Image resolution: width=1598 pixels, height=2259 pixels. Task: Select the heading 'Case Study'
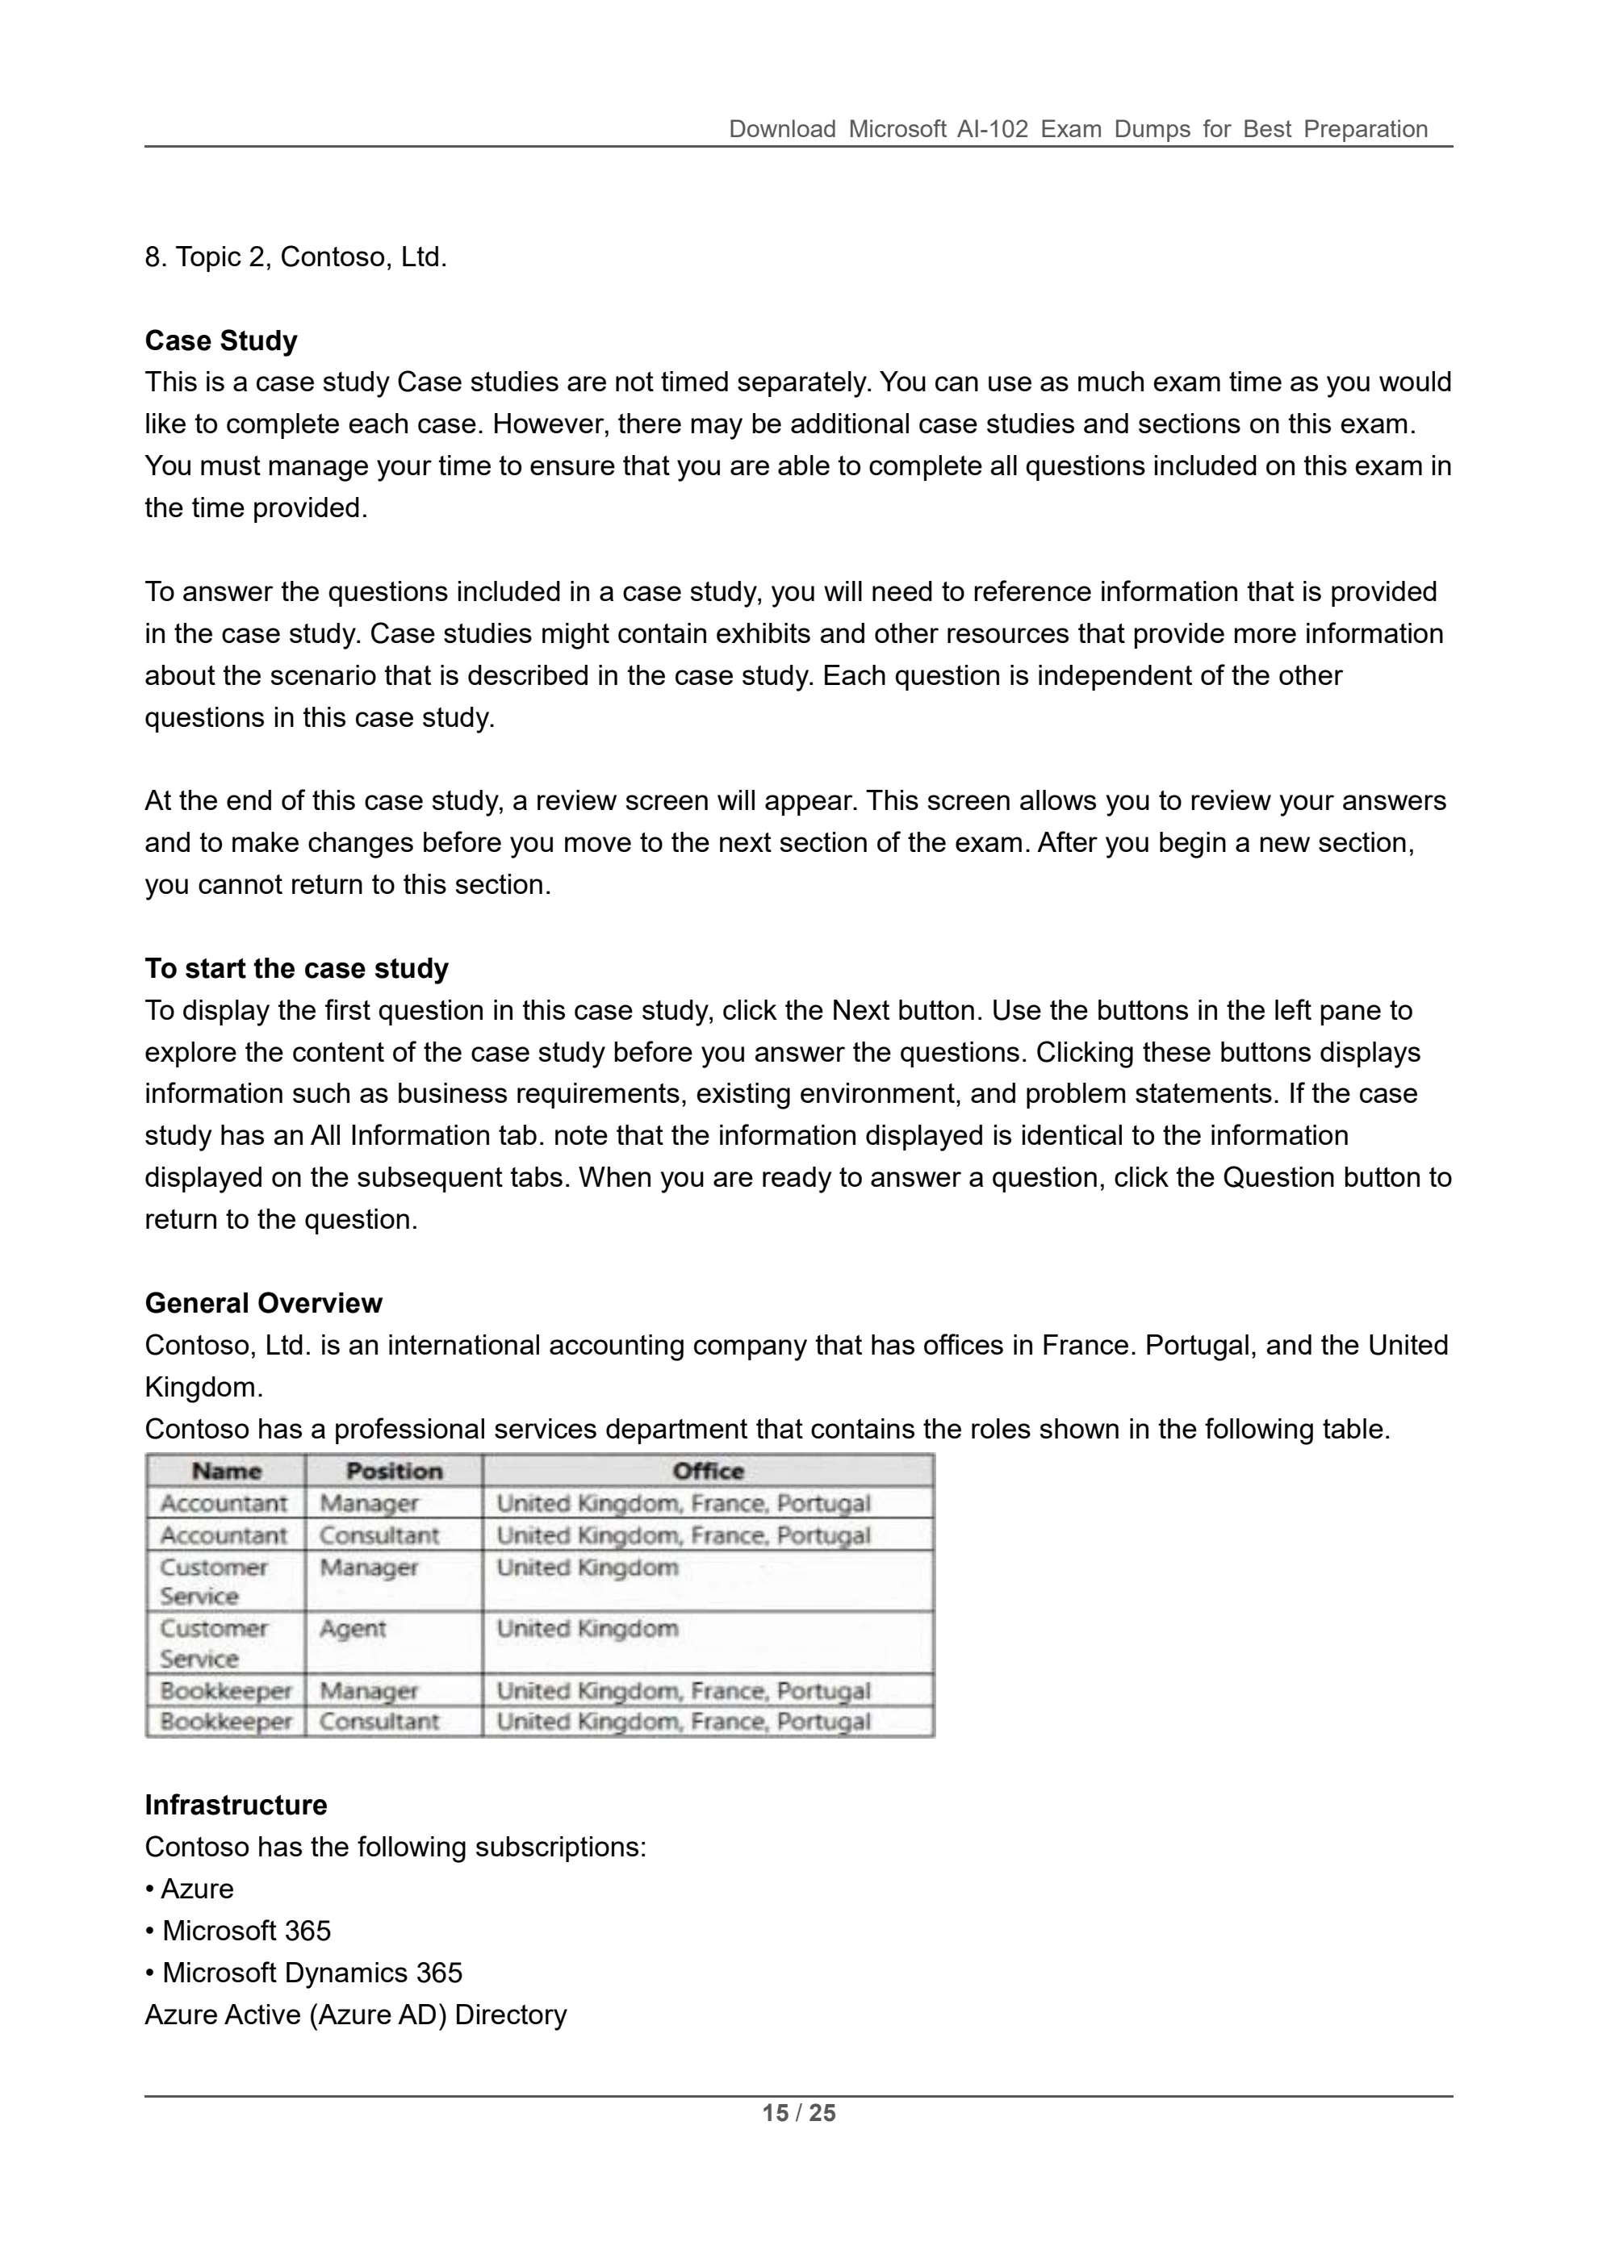coord(220,340)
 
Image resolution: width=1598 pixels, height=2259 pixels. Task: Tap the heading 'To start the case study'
coord(296,968)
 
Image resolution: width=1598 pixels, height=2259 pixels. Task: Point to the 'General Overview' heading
coord(263,1303)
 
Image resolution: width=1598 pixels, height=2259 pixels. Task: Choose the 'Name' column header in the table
coord(226,1471)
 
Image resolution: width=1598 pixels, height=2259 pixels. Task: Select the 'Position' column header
coord(394,1471)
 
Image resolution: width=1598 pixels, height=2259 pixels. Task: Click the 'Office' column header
coord(708,1471)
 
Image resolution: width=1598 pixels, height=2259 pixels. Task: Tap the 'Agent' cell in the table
coord(352,1628)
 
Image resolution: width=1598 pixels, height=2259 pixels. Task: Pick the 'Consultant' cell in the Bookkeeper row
coord(379,1721)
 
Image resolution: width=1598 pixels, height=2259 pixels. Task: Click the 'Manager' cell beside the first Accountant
coord(369,1502)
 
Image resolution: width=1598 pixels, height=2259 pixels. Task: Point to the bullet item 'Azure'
coord(197,1888)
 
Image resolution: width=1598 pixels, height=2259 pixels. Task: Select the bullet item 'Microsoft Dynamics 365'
coord(312,1972)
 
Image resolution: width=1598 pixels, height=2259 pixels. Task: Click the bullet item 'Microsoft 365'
coord(246,1931)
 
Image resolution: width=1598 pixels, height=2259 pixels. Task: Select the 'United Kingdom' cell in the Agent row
coord(587,1628)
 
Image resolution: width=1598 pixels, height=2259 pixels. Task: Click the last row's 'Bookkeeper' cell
coord(225,1721)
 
